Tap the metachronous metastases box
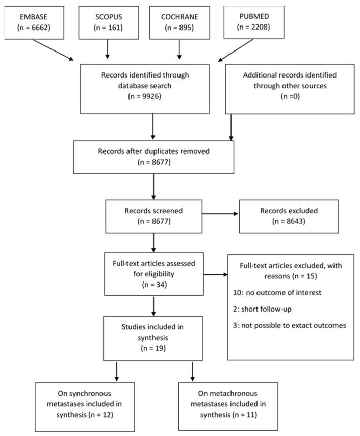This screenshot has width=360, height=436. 228,407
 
